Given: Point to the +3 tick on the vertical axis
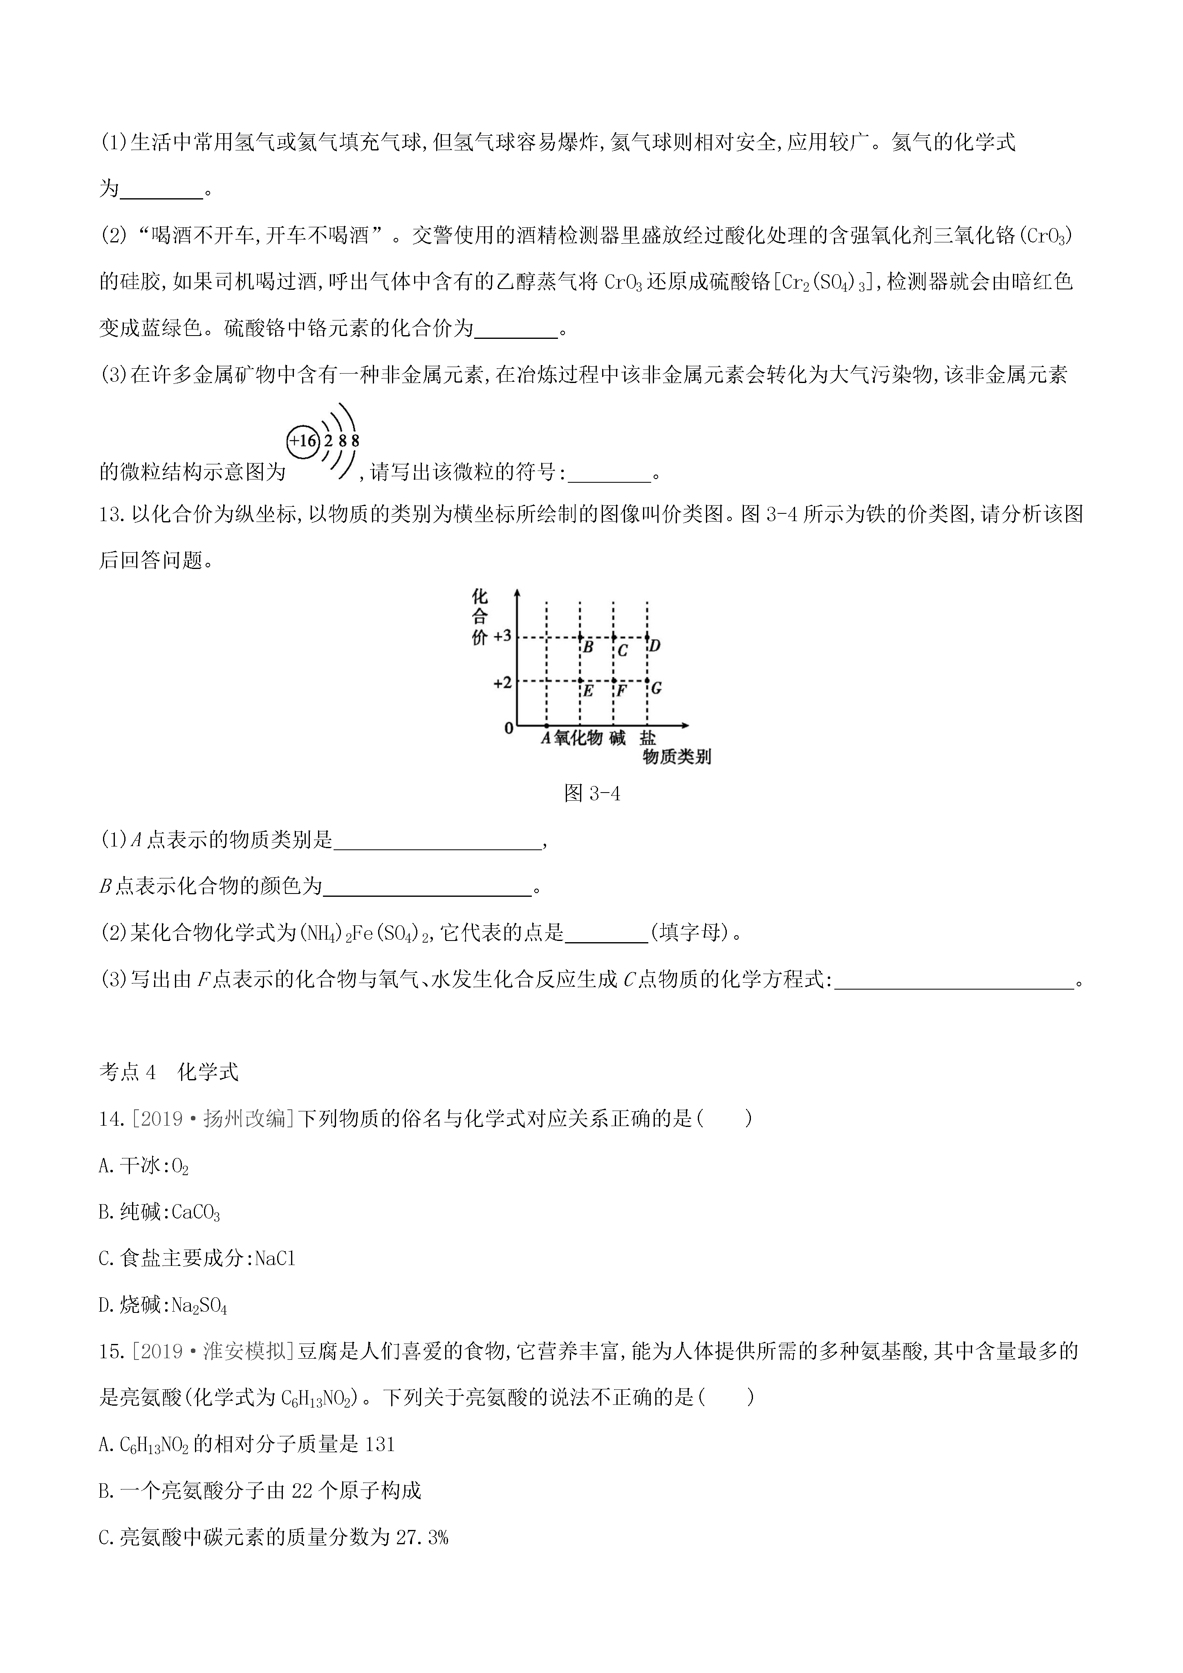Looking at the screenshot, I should [503, 636].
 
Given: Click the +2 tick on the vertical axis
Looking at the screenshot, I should [503, 683].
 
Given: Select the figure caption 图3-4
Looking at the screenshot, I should [592, 793].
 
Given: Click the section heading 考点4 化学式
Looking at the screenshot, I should [168, 1072].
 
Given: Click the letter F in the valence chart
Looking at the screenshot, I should [621, 689].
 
